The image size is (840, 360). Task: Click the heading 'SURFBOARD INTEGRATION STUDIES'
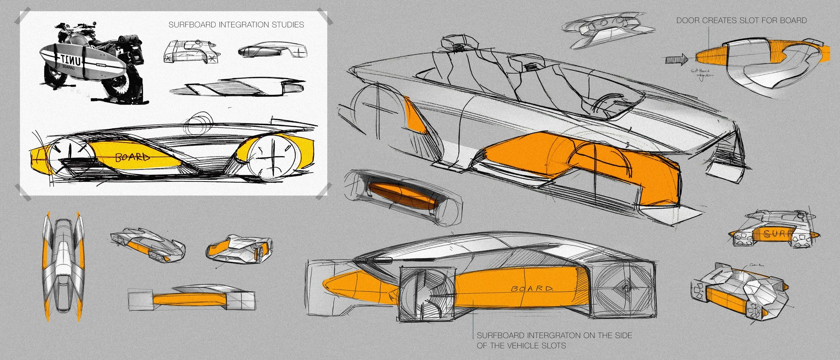236,25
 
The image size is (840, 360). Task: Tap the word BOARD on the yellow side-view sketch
132,157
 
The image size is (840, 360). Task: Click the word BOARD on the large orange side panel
531,288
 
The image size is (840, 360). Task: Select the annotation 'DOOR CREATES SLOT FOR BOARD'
741,21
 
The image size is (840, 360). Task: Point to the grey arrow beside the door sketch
676,60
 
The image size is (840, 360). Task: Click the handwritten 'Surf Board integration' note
702,73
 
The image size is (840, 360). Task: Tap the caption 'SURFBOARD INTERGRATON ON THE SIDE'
554,335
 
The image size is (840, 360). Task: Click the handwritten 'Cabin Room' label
756,265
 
